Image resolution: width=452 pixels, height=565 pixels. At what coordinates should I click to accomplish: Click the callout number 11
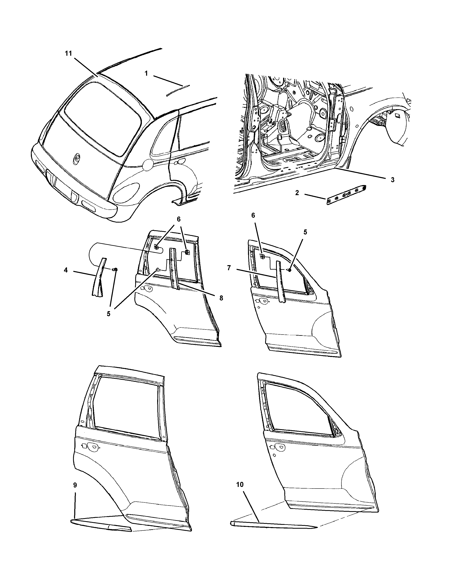[x=68, y=53]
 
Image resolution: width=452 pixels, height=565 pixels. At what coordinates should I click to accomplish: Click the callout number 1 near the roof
[x=146, y=74]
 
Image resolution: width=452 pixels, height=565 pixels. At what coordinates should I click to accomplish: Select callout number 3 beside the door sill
[x=392, y=180]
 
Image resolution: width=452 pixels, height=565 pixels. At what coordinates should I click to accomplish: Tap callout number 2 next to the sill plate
[x=297, y=193]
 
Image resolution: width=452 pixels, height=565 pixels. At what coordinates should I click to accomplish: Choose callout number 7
[x=229, y=268]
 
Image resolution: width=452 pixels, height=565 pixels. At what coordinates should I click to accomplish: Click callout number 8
[x=221, y=298]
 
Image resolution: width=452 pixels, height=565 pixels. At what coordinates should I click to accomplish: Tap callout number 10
[x=240, y=484]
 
